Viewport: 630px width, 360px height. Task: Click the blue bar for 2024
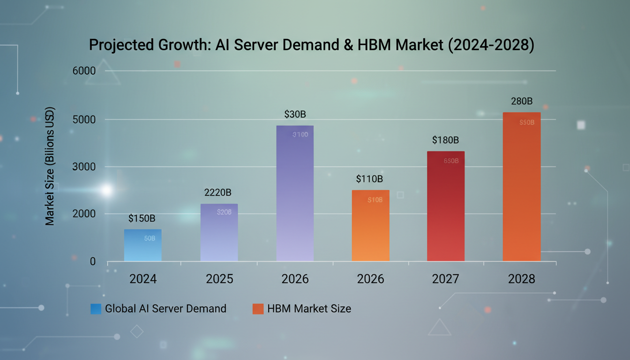pyautogui.click(x=143, y=245)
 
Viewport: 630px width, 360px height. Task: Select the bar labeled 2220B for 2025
pyautogui.click(x=219, y=232)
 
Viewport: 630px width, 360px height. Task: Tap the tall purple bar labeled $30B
pyautogui.click(x=295, y=193)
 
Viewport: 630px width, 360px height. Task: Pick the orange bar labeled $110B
pyautogui.click(x=370, y=225)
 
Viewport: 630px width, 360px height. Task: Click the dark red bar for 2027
pyautogui.click(x=446, y=206)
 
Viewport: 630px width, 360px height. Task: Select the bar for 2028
pyautogui.click(x=521, y=187)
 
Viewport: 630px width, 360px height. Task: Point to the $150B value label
pyautogui.click(x=142, y=218)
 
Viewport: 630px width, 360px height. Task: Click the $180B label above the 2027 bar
pyautogui.click(x=445, y=140)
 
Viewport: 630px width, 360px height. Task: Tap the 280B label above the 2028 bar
pyautogui.click(x=522, y=101)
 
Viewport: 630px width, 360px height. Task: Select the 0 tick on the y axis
pyautogui.click(x=93, y=262)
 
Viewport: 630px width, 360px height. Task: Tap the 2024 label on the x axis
pyautogui.click(x=143, y=279)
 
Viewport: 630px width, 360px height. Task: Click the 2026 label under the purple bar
pyautogui.click(x=295, y=279)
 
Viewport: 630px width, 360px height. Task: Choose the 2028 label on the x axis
pyautogui.click(x=521, y=279)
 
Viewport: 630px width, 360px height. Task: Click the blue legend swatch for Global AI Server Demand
pyautogui.click(x=96, y=309)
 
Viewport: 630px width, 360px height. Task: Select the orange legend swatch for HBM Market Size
pyautogui.click(x=258, y=309)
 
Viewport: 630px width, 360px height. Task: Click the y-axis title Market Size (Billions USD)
pyautogui.click(x=50, y=166)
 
